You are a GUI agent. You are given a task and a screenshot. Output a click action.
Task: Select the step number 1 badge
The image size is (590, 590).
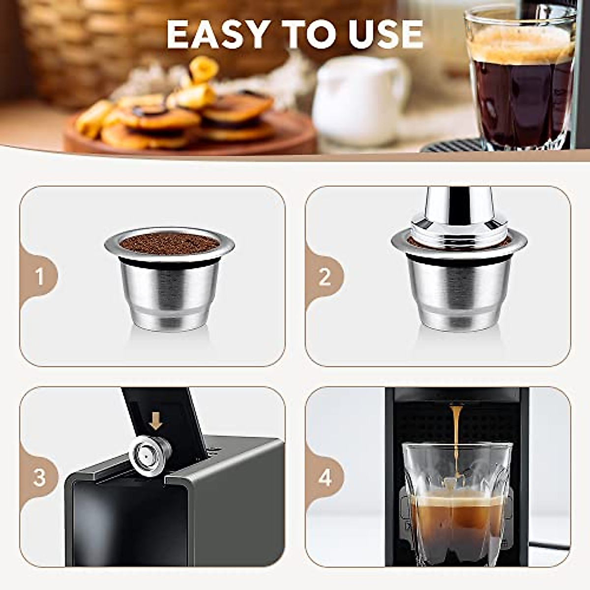(x=40, y=277)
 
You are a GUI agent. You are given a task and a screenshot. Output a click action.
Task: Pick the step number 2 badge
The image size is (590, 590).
(x=324, y=277)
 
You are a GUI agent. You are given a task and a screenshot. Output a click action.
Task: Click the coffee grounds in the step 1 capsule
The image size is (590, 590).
(x=169, y=242)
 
